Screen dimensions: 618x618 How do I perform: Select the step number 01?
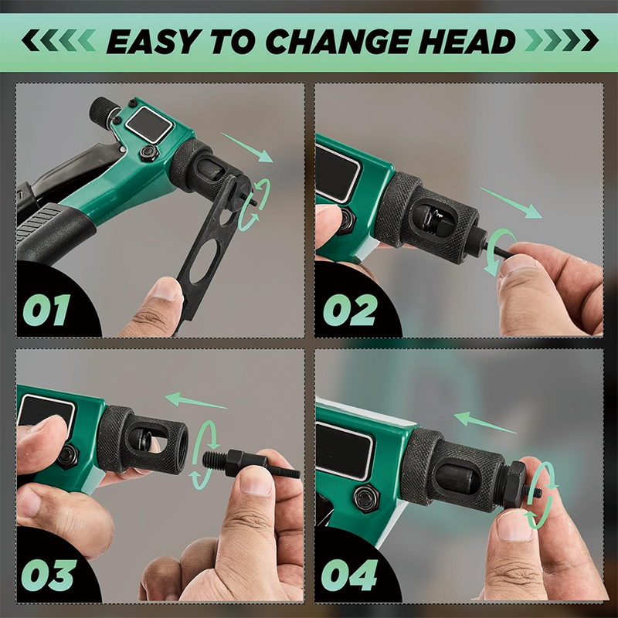(x=46, y=310)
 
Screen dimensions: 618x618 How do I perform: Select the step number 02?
(x=349, y=310)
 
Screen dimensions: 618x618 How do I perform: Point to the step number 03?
(x=49, y=575)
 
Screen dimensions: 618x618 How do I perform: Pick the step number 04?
(x=349, y=575)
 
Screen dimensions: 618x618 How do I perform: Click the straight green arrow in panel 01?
(x=247, y=148)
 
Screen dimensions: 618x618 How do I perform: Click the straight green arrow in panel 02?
(x=511, y=202)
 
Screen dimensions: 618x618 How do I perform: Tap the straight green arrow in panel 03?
(x=196, y=400)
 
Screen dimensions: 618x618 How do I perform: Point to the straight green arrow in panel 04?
(x=485, y=423)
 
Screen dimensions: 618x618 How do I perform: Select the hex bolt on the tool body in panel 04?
(x=366, y=497)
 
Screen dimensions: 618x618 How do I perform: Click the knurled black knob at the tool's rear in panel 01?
(x=104, y=110)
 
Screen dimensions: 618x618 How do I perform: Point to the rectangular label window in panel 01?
(x=149, y=124)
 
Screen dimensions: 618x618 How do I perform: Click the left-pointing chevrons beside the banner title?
(x=59, y=41)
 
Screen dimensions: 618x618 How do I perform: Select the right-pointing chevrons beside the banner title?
(x=562, y=41)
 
